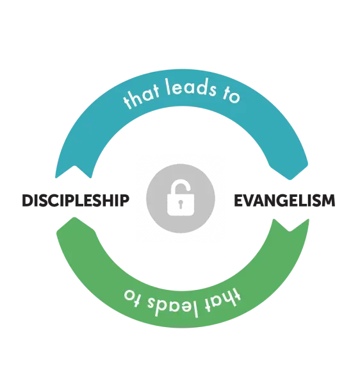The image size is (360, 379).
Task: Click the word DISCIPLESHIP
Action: (76, 200)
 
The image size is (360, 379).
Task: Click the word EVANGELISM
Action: (284, 200)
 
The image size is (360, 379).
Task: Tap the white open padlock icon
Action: (181, 199)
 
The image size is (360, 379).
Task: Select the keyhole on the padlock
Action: (181, 204)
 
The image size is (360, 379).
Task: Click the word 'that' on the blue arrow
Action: (142, 97)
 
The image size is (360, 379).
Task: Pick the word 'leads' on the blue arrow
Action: (190, 87)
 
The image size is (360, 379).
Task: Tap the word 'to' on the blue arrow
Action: (231, 96)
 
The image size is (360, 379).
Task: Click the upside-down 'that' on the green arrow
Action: (223, 300)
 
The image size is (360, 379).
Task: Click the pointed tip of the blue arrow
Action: (290, 180)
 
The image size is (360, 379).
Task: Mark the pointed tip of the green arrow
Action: (74, 218)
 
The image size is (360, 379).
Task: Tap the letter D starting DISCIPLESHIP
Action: (28, 200)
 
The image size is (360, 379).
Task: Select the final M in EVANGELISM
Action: (328, 200)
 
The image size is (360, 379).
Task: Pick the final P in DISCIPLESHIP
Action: (125, 200)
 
